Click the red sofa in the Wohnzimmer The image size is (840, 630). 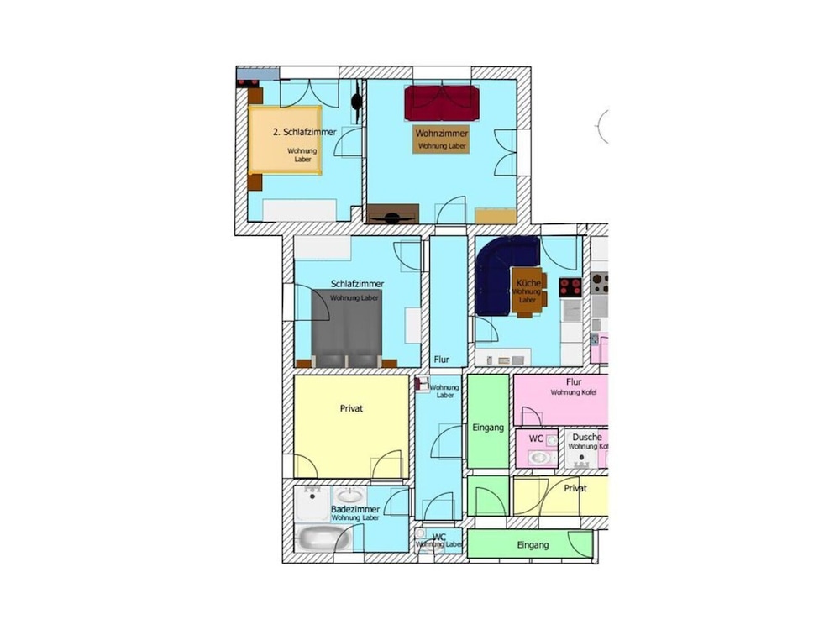[442, 102]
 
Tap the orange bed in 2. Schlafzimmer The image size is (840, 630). [285, 140]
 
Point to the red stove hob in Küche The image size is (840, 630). [570, 287]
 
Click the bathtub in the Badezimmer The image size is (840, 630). [314, 538]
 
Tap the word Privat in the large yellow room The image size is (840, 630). [351, 409]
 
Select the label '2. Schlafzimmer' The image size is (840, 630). [304, 133]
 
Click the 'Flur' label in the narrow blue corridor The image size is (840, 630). [441, 360]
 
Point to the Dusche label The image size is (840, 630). [587, 438]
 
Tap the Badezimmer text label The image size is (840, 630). [355, 509]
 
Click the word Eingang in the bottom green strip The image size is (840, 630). [533, 545]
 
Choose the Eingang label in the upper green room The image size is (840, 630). [488, 428]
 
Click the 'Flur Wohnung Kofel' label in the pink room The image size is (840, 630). [575, 386]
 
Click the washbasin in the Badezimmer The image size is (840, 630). [349, 496]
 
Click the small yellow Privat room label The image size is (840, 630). [575, 488]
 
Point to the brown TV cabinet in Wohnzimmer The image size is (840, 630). [392, 214]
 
